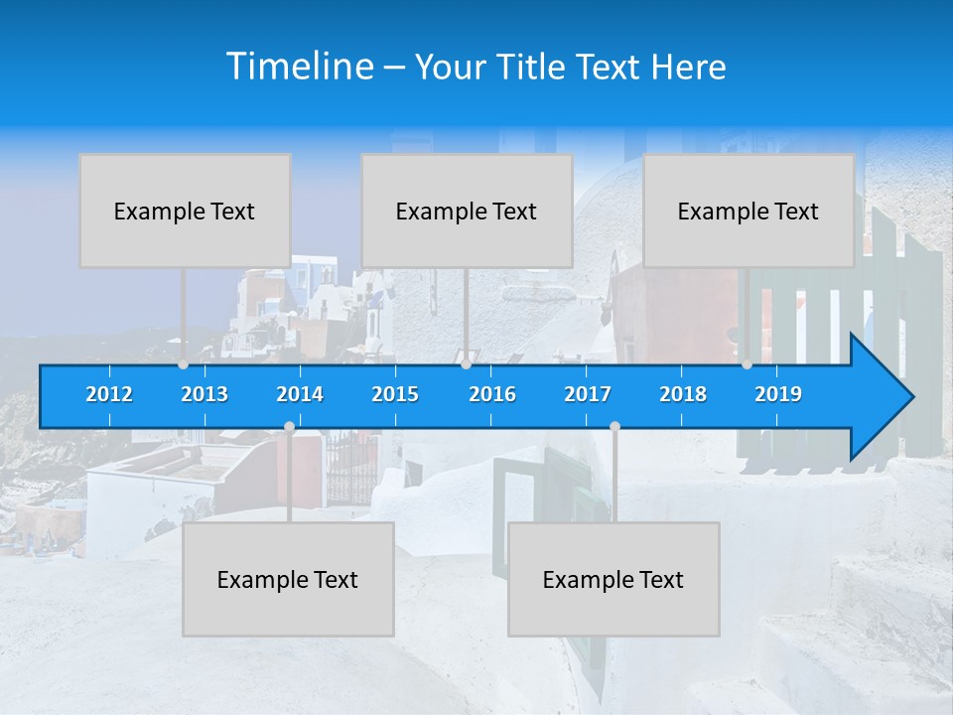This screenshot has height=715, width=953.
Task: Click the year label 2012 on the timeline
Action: coord(109,394)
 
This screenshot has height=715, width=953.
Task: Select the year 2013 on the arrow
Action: coord(204,394)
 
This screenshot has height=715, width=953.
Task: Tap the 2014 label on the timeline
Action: coord(300,394)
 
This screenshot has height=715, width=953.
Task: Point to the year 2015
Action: coord(395,394)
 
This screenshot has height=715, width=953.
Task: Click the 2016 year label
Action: coord(492,394)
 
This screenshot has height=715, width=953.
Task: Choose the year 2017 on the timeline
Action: coord(588,394)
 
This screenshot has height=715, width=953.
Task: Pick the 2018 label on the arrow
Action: coord(683,394)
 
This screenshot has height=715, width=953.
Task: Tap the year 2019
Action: coord(778,394)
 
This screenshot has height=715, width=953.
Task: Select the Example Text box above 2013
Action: coord(185,211)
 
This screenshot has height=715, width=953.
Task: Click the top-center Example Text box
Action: coord(467,211)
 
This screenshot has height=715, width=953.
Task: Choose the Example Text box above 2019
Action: coord(749,211)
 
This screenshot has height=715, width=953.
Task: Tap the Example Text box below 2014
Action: coord(288,579)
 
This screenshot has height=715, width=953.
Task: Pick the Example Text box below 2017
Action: coord(613,579)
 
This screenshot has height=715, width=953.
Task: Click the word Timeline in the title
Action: coord(298,67)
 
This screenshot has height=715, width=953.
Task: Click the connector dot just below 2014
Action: coord(289,426)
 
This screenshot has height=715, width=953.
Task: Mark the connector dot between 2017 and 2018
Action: coord(614,426)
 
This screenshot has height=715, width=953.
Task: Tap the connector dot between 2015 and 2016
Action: coord(466,364)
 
